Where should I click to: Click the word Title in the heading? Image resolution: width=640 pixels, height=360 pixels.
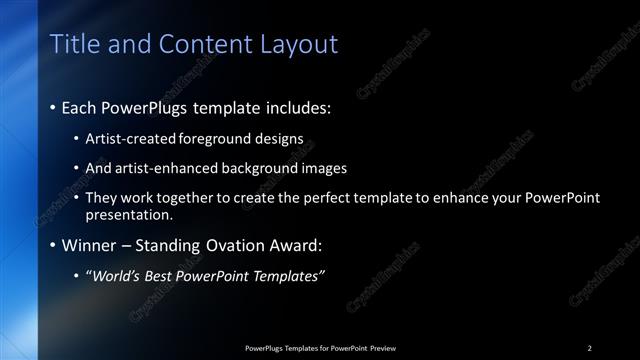coord(72,44)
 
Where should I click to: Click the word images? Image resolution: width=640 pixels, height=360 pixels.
coord(323,168)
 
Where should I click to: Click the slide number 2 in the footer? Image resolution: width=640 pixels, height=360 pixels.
coord(589,348)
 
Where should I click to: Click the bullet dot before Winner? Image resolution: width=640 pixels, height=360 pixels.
coord(53,245)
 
